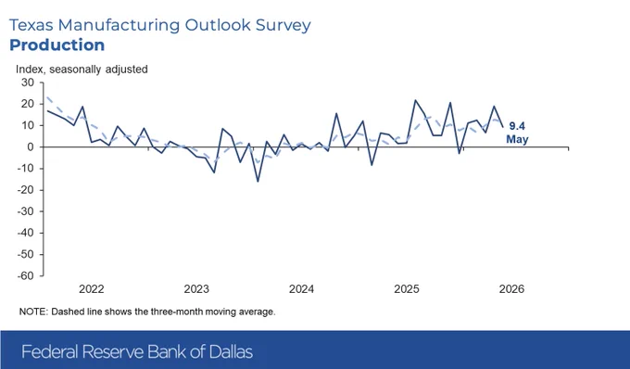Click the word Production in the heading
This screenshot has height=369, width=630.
pos(57,45)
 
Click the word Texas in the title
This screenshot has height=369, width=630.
pos(31,25)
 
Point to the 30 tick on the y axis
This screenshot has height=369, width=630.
pos(28,83)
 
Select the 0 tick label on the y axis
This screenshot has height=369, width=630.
pos(31,147)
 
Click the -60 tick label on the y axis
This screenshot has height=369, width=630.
pos(26,276)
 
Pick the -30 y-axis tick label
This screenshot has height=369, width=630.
pos(26,211)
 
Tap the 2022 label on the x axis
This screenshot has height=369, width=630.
pos(91,289)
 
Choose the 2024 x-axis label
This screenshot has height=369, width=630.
pos(301,289)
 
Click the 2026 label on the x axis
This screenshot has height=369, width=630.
pos(511,289)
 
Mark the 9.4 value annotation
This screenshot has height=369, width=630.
pos(517,126)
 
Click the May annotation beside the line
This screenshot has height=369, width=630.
pos(517,139)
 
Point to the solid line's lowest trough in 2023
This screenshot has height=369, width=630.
pos(258,182)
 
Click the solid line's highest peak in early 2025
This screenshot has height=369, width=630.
pos(415,100)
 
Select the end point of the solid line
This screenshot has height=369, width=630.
pos(503,127)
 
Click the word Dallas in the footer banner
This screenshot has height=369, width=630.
pos(231,351)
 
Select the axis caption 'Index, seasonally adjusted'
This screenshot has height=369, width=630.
pos(82,70)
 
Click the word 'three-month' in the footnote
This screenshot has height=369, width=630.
pos(177,312)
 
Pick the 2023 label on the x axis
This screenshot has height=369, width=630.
pos(196,289)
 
